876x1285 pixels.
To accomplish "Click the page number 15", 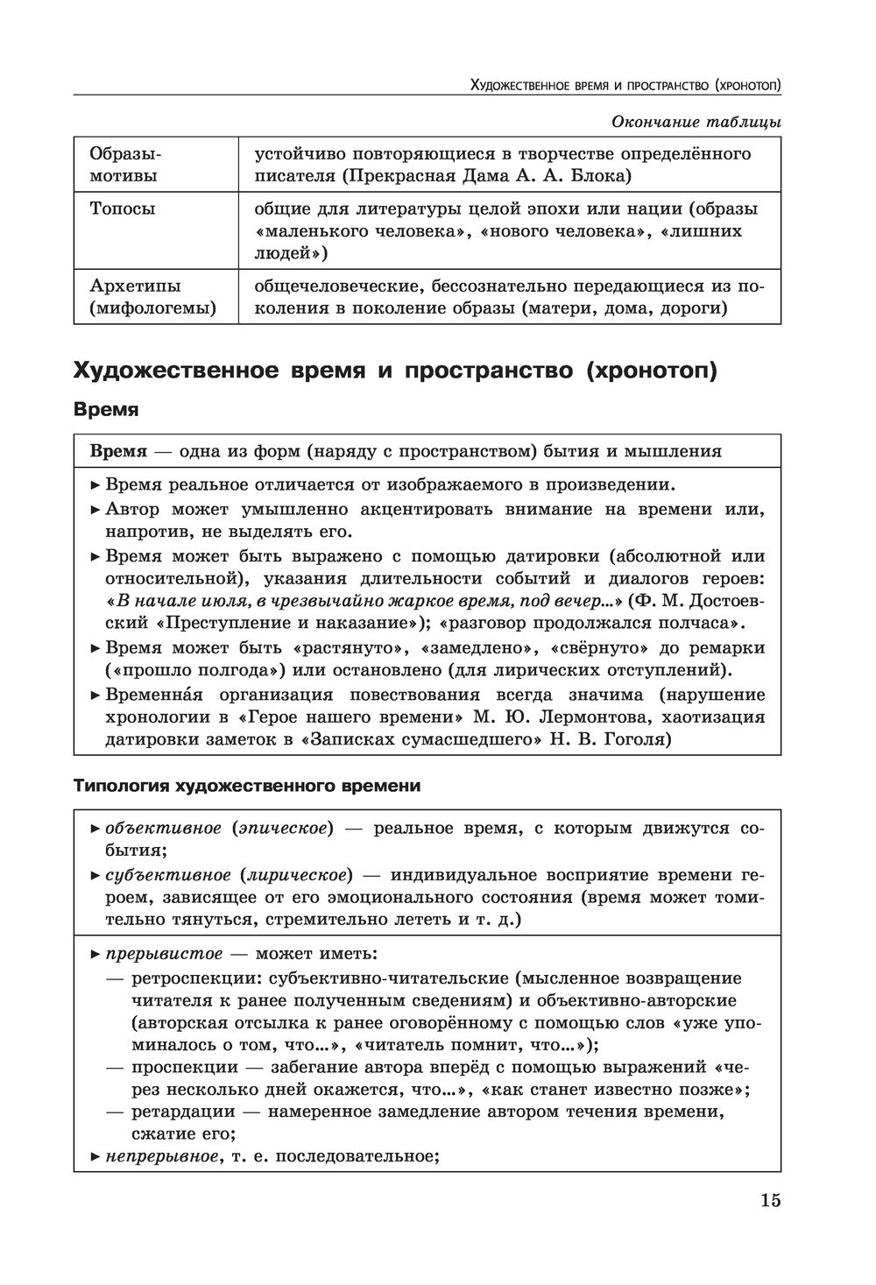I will pos(770,1200).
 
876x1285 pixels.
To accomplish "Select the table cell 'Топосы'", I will pos(123,208).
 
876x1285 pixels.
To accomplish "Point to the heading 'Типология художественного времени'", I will pos(247,786).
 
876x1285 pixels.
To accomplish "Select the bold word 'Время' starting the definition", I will pos(118,451).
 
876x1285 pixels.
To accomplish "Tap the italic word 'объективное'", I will pos(163,829).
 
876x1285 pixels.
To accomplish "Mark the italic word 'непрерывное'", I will pos(161,1156).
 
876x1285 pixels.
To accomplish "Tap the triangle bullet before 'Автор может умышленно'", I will pos(95,510).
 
